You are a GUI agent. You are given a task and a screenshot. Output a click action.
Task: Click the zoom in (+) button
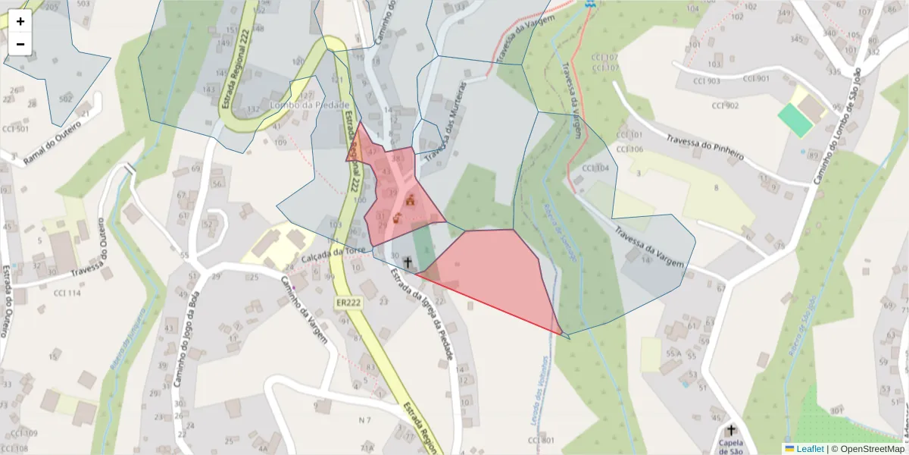pos(20,21)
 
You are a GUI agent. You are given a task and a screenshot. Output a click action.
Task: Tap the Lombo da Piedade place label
pos(310,105)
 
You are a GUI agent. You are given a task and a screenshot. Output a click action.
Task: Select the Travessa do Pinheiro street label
pos(704,149)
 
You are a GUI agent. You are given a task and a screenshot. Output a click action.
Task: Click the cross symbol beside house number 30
pos(408,262)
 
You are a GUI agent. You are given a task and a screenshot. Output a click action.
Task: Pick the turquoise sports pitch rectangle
pos(795,121)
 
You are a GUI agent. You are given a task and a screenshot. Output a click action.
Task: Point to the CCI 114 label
pos(67,293)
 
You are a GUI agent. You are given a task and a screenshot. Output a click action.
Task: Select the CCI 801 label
pos(542,441)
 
